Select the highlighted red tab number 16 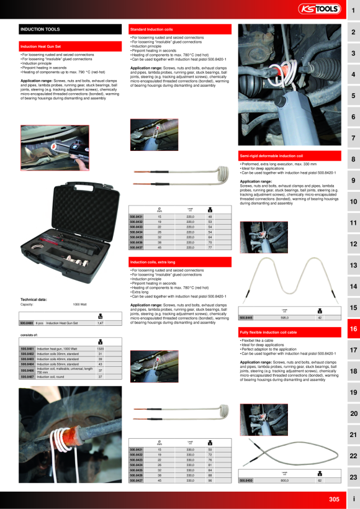353,329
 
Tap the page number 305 334,499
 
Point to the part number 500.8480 27,323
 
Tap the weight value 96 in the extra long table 210,480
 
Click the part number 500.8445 246,317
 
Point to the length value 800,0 285,480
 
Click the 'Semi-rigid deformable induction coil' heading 271,155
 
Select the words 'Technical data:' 32,299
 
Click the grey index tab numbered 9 353,181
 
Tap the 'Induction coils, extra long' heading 149,263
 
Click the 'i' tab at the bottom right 353,499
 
